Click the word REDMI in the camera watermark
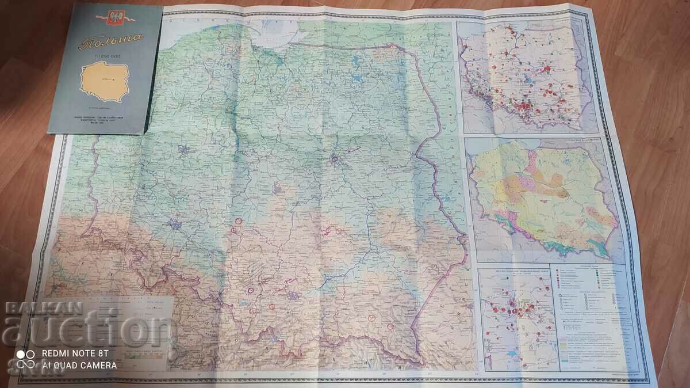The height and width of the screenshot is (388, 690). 53,353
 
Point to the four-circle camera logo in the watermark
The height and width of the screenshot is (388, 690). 25,359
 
